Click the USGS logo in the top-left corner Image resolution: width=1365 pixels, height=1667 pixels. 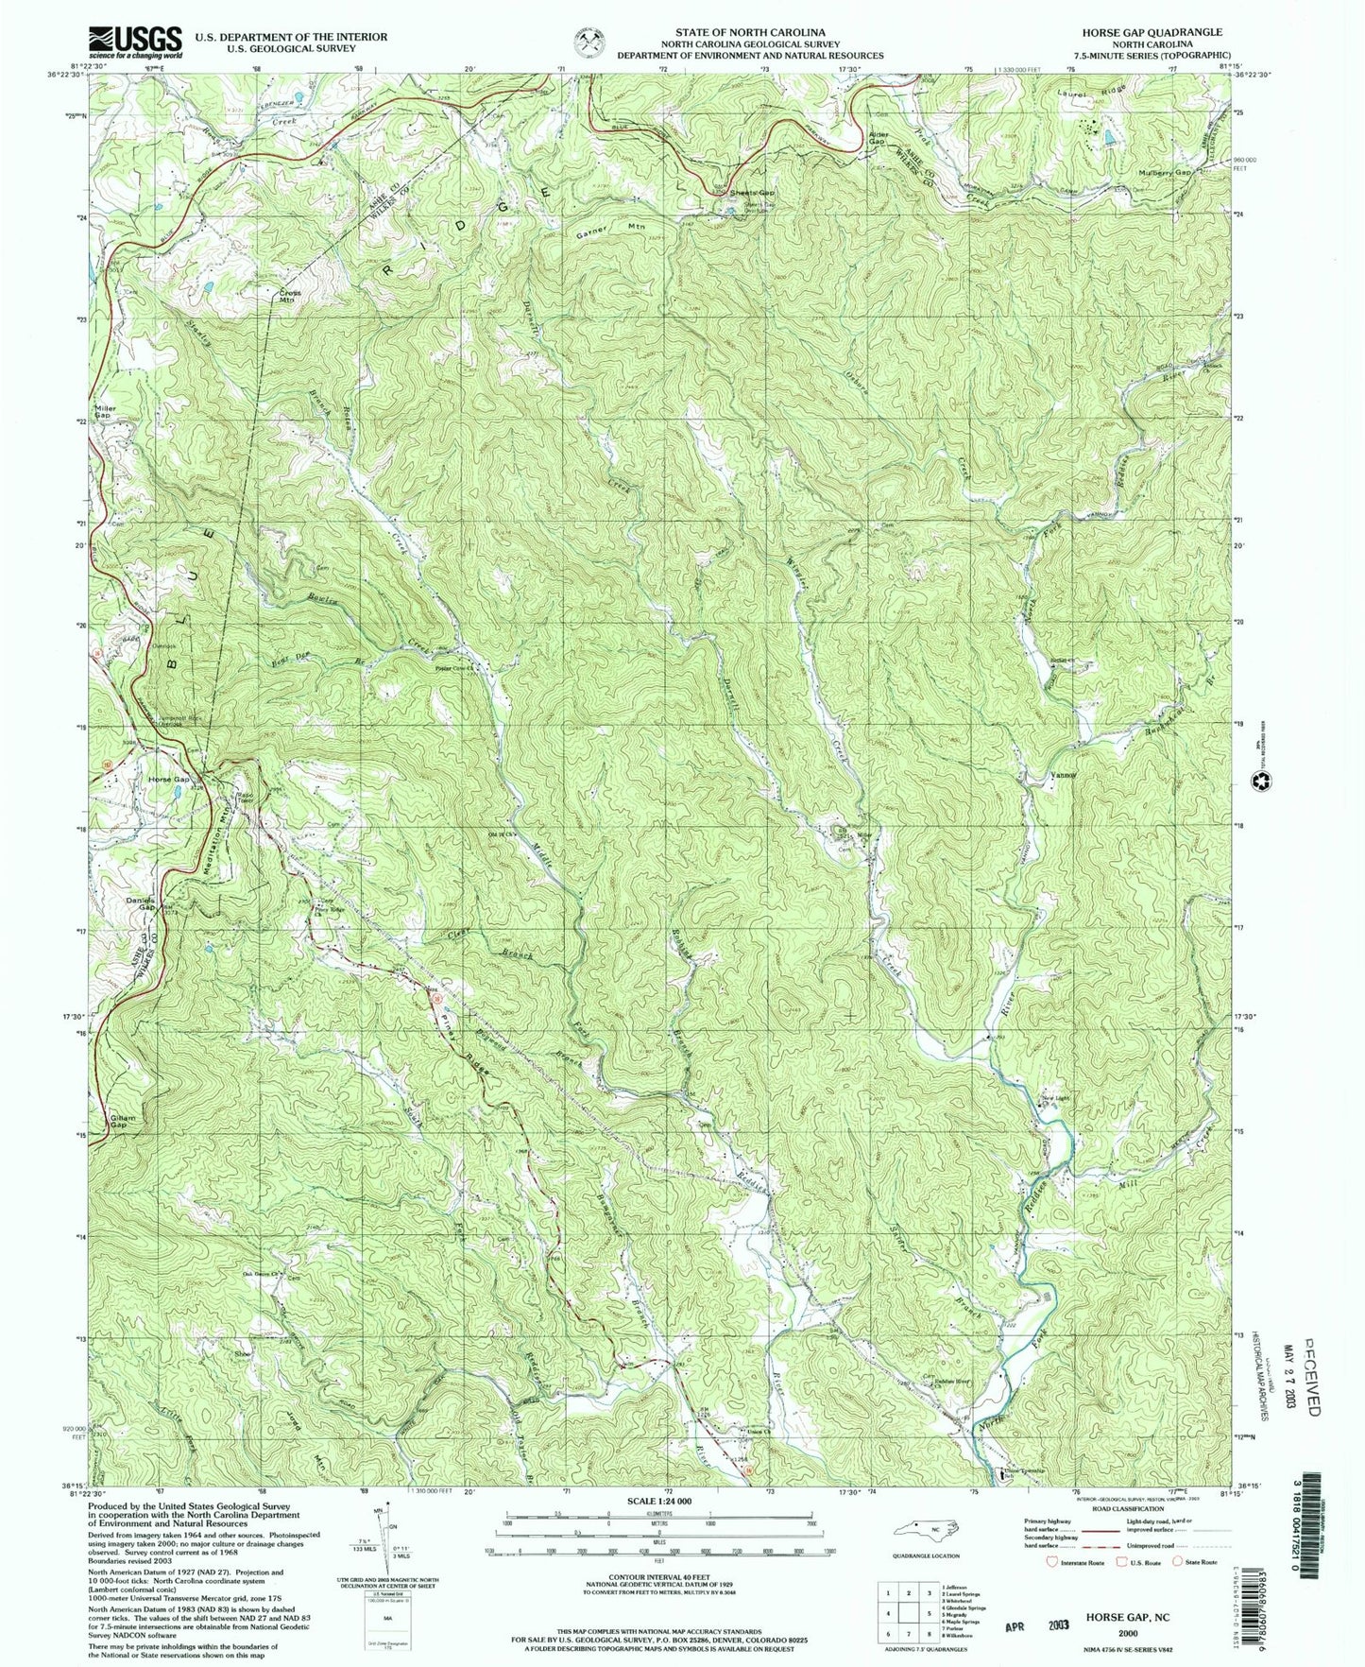click(x=135, y=42)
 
